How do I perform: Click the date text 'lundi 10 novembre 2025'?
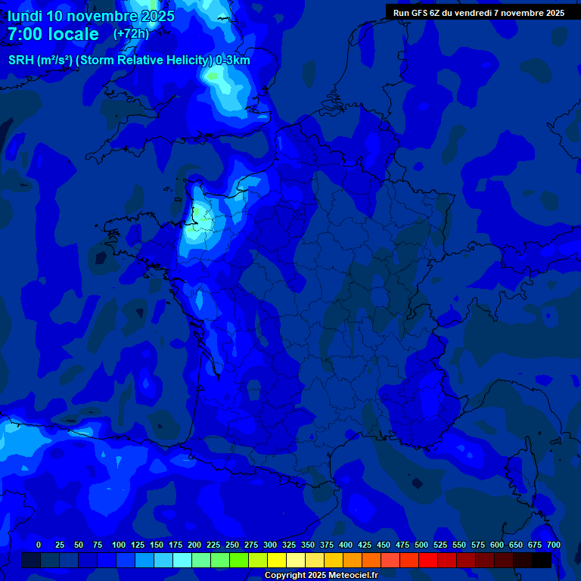click(91, 16)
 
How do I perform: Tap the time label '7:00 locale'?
click(53, 34)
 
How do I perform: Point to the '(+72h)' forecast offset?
click(131, 34)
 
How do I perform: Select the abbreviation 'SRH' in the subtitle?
click(21, 61)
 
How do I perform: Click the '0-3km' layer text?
click(233, 61)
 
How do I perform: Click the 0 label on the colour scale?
click(39, 545)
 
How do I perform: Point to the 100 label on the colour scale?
click(119, 545)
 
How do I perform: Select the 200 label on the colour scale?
click(194, 545)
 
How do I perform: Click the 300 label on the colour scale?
click(270, 545)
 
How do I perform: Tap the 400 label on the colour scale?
click(346, 545)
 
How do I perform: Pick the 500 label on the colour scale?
click(421, 545)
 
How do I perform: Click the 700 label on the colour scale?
click(554, 545)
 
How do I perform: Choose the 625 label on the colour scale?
click(516, 545)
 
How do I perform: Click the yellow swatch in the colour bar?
click(276, 561)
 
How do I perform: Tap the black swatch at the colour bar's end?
click(541, 561)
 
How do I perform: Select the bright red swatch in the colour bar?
click(427, 561)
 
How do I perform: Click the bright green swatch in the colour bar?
click(238, 561)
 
